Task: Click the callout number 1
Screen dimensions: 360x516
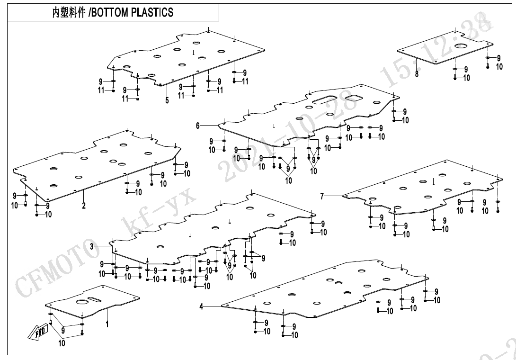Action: click(x=107, y=324)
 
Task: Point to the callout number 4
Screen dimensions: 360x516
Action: click(x=201, y=306)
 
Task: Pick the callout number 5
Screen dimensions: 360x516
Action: click(x=167, y=100)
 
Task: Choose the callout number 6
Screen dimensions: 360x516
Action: click(x=198, y=126)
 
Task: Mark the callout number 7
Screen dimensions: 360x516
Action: click(x=322, y=196)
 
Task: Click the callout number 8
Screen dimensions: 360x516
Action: click(x=417, y=74)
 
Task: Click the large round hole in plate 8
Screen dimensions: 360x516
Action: click(x=461, y=46)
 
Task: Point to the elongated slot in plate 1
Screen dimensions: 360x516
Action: click(x=95, y=299)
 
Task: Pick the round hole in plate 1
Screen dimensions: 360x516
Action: click(x=81, y=302)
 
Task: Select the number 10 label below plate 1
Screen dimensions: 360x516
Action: click(x=62, y=343)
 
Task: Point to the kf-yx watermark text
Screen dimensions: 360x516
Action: click(x=156, y=213)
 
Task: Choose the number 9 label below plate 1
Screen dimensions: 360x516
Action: click(x=63, y=330)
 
